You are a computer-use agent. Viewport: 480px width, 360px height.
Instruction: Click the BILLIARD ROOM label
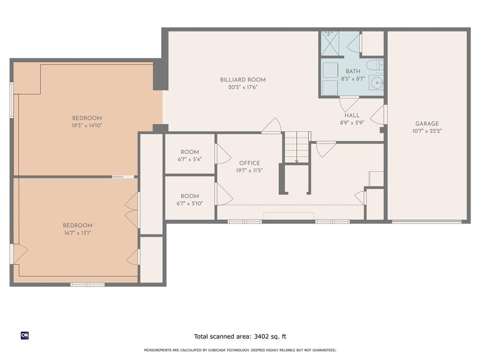pyautogui.click(x=243, y=80)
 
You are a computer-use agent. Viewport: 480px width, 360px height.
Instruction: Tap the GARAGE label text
pyautogui.click(x=427, y=124)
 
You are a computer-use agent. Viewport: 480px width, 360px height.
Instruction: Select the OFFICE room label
pyautogui.click(x=249, y=163)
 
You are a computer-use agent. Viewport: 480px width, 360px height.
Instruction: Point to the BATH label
pyautogui.click(x=353, y=71)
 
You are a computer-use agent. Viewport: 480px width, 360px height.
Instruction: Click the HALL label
pyautogui.click(x=352, y=115)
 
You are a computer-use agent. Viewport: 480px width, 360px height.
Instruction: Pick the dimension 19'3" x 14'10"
pyautogui.click(x=87, y=126)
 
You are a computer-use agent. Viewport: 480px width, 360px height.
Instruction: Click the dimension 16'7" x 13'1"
pyautogui.click(x=77, y=232)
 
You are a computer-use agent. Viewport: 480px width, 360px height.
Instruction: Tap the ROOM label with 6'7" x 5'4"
pyautogui.click(x=190, y=152)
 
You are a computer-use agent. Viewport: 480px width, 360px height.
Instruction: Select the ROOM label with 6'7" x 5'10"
pyautogui.click(x=190, y=196)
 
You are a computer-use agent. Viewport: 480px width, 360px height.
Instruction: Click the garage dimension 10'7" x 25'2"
pyautogui.click(x=427, y=131)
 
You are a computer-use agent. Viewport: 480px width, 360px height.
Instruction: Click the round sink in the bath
pyautogui.click(x=376, y=82)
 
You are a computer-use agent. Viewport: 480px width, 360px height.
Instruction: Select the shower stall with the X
pyautogui.click(x=330, y=44)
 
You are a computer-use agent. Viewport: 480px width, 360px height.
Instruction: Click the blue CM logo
pyautogui.click(x=25, y=336)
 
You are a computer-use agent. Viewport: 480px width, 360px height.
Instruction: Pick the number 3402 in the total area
pyautogui.click(x=261, y=337)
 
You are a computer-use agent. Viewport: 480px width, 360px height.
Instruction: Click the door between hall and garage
pyautogui.click(x=379, y=114)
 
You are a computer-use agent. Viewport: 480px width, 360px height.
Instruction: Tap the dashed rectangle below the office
pyautogui.click(x=289, y=216)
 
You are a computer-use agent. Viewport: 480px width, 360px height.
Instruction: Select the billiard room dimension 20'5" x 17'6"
pyautogui.click(x=243, y=87)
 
